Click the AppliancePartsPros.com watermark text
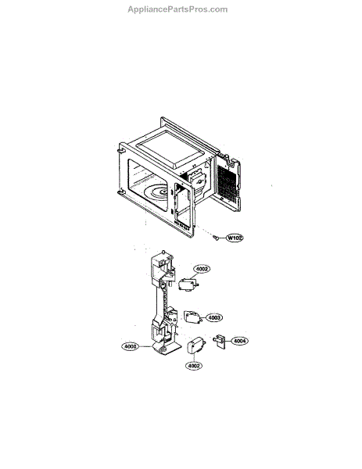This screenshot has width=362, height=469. pyautogui.click(x=177, y=9)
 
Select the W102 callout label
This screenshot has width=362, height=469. pyautogui.click(x=235, y=238)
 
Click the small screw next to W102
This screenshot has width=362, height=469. pyautogui.click(x=215, y=238)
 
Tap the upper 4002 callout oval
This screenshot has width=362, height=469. pyautogui.click(x=202, y=269)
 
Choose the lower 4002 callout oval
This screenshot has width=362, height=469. pyautogui.click(x=194, y=366)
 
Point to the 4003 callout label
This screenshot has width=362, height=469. pyautogui.click(x=214, y=317)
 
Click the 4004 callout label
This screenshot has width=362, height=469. pyautogui.click(x=240, y=341)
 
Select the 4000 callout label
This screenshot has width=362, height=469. pyautogui.click(x=131, y=346)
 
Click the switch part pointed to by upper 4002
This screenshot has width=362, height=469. pyautogui.click(x=188, y=285)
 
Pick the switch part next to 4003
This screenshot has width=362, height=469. pyautogui.click(x=192, y=317)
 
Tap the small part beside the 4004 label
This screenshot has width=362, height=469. pyautogui.click(x=219, y=340)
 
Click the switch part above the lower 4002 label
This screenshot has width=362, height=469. pyautogui.click(x=194, y=345)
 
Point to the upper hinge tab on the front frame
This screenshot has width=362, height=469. pyautogui.click(x=120, y=149)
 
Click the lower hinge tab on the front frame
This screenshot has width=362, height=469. pyautogui.click(x=121, y=192)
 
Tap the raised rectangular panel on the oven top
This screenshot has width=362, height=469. pyautogui.click(x=170, y=149)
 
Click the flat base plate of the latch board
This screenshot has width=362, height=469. pyautogui.click(x=167, y=349)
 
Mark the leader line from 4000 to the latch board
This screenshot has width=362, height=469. pyautogui.click(x=146, y=346)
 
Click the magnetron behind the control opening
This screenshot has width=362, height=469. pyautogui.click(x=196, y=181)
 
